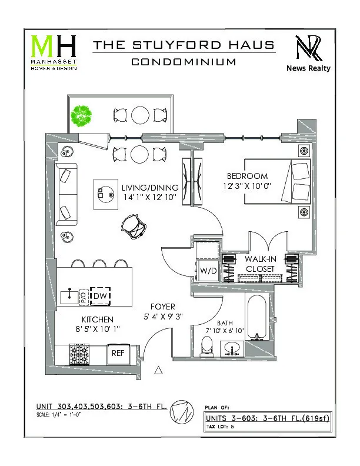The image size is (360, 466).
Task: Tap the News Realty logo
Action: point(308,53)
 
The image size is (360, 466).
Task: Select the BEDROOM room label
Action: point(248,176)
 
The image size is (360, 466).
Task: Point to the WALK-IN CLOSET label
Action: point(260,264)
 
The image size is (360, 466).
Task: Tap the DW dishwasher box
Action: point(101,295)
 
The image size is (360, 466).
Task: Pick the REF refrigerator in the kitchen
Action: point(118,354)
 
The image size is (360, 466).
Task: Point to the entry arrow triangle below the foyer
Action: point(158,370)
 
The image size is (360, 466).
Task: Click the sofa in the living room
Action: point(66,194)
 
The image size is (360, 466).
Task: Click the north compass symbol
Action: point(181,414)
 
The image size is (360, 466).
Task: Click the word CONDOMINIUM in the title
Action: point(184,61)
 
